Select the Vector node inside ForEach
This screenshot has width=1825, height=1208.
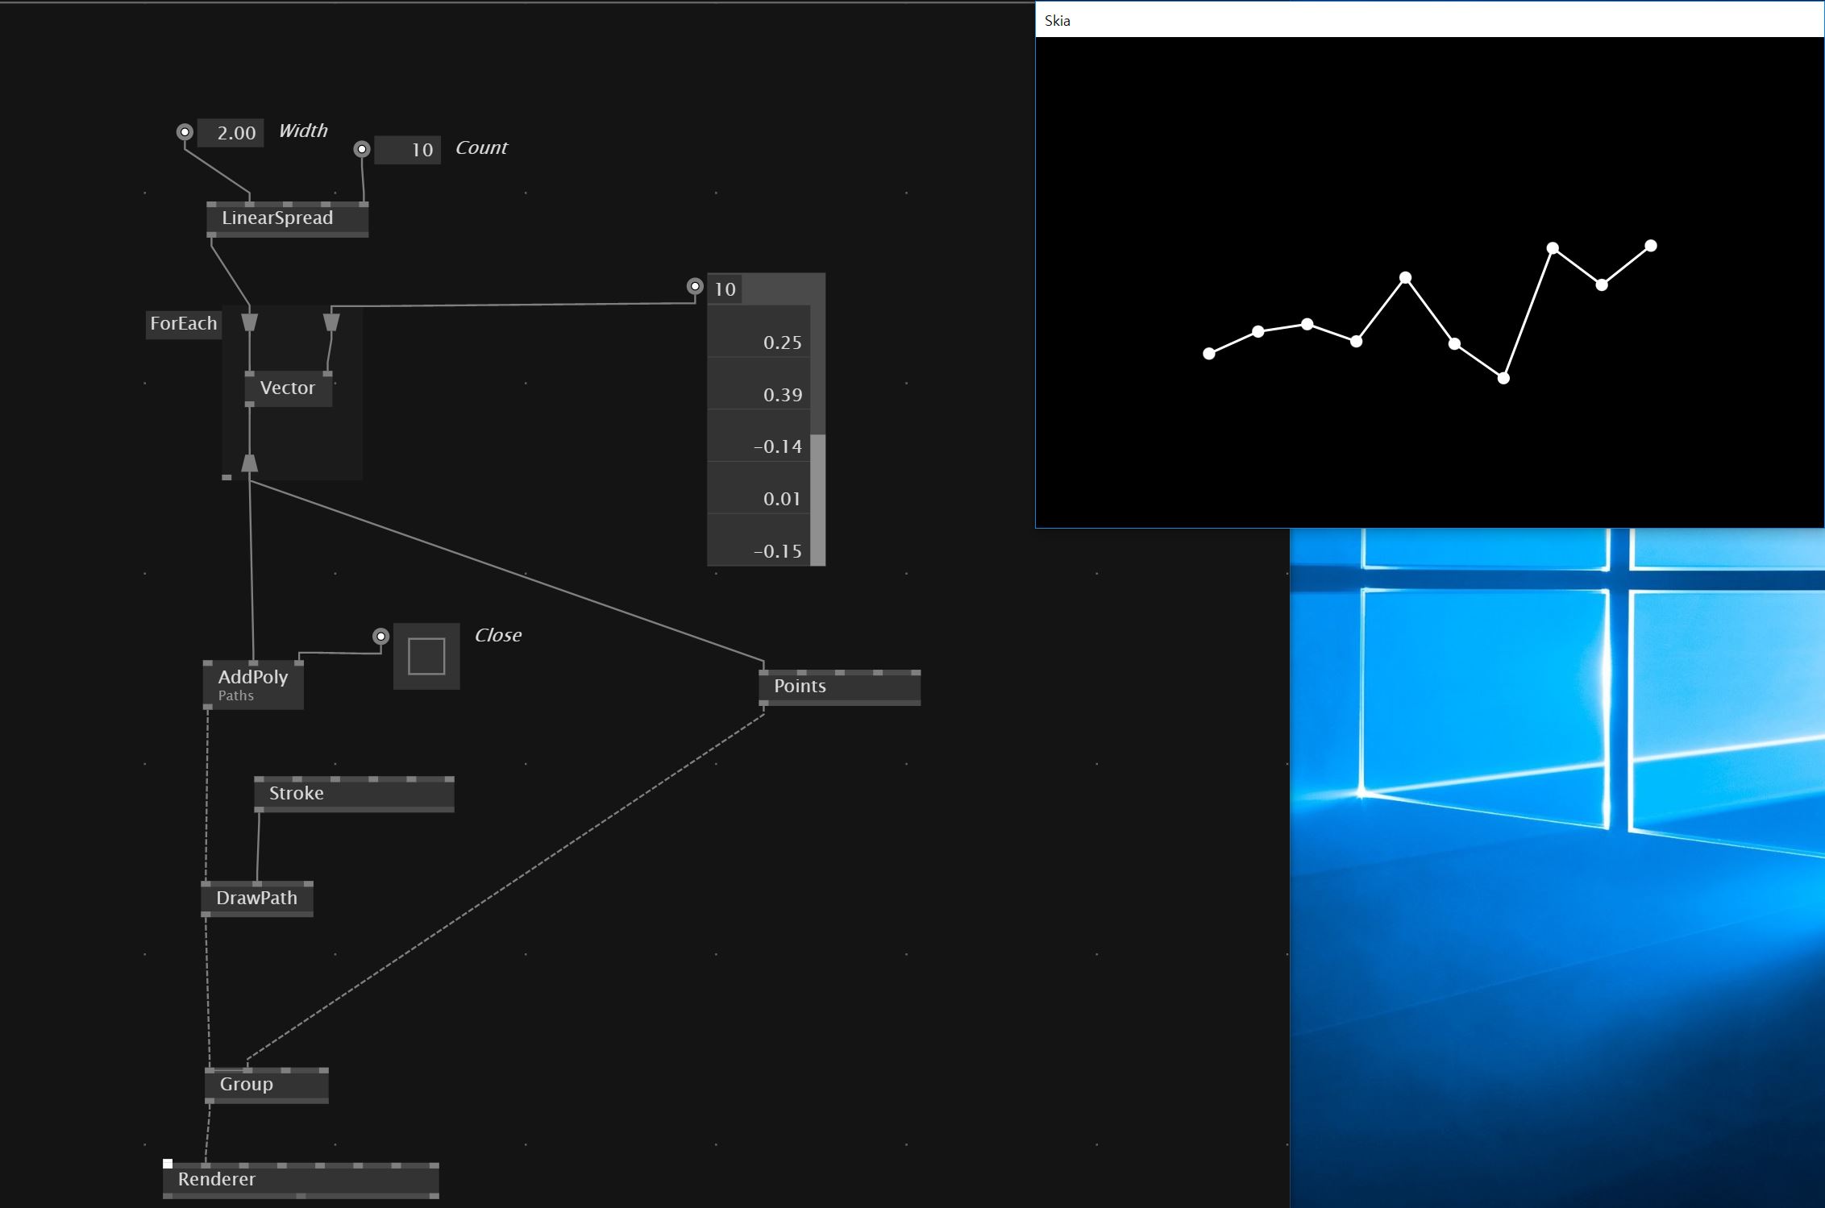[288, 388]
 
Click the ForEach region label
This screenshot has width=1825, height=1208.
[184, 324]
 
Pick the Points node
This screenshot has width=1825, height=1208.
[839, 687]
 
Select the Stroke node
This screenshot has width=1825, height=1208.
[354, 794]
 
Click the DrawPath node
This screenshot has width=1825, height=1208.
[256, 899]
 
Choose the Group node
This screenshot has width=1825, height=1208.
[266, 1085]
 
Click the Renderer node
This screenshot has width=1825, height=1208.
[301, 1180]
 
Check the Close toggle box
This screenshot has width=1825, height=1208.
[426, 656]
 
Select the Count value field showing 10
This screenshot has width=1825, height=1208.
[409, 150]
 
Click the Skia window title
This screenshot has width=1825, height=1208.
[1058, 21]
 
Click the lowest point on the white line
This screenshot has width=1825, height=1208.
[1503, 378]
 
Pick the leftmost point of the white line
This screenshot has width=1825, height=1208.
[1209, 354]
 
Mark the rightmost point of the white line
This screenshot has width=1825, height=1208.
[1651, 246]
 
